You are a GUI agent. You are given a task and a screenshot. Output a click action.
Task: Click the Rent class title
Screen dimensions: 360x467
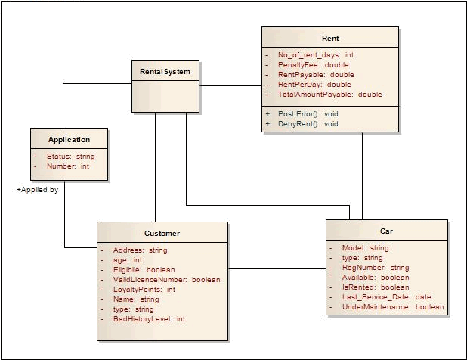point(330,38)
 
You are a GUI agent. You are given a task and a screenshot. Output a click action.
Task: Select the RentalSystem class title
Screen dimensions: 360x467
point(165,72)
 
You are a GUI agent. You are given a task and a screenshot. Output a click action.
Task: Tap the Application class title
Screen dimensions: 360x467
point(69,139)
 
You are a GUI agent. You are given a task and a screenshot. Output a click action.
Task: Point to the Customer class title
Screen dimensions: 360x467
point(162,233)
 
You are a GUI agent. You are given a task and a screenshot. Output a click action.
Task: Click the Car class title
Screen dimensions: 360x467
point(386,231)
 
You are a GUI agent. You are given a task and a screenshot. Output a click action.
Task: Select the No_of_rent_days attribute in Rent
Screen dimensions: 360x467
point(315,55)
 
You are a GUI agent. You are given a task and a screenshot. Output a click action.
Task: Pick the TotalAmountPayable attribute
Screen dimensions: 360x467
point(329,95)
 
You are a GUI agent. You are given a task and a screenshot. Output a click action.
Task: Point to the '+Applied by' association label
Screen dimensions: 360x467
point(38,190)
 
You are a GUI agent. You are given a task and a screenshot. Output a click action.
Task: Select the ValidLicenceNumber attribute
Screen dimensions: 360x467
point(166,279)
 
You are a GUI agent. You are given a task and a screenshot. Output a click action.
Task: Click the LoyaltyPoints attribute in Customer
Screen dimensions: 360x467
point(144,289)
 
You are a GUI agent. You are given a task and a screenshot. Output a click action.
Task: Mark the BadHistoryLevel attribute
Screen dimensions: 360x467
point(149,318)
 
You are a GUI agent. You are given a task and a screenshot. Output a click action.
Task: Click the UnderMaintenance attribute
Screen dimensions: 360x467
point(393,307)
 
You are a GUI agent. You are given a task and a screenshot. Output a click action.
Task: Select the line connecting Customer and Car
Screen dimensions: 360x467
point(277,268)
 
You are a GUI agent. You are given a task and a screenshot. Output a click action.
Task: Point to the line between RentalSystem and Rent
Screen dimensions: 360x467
point(230,85)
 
